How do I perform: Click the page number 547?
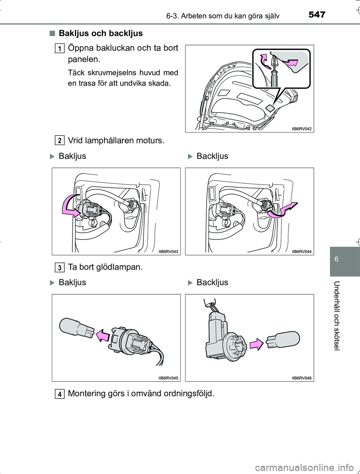tap(317, 15)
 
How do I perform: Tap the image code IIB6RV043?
tap(168, 251)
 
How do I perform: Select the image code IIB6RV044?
tap(302, 251)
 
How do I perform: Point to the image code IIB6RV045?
tap(168, 378)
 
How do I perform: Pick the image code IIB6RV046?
tap(302, 378)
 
